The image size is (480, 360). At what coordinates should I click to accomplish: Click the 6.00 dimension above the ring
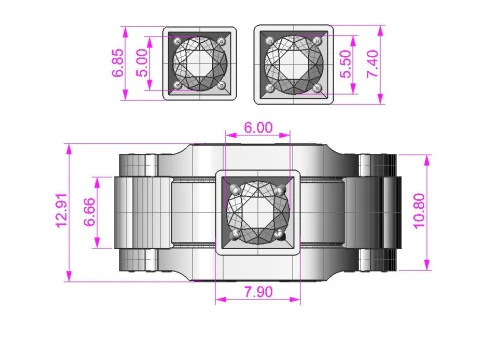[x=257, y=129]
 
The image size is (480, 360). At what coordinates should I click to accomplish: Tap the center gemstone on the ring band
[x=257, y=212]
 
